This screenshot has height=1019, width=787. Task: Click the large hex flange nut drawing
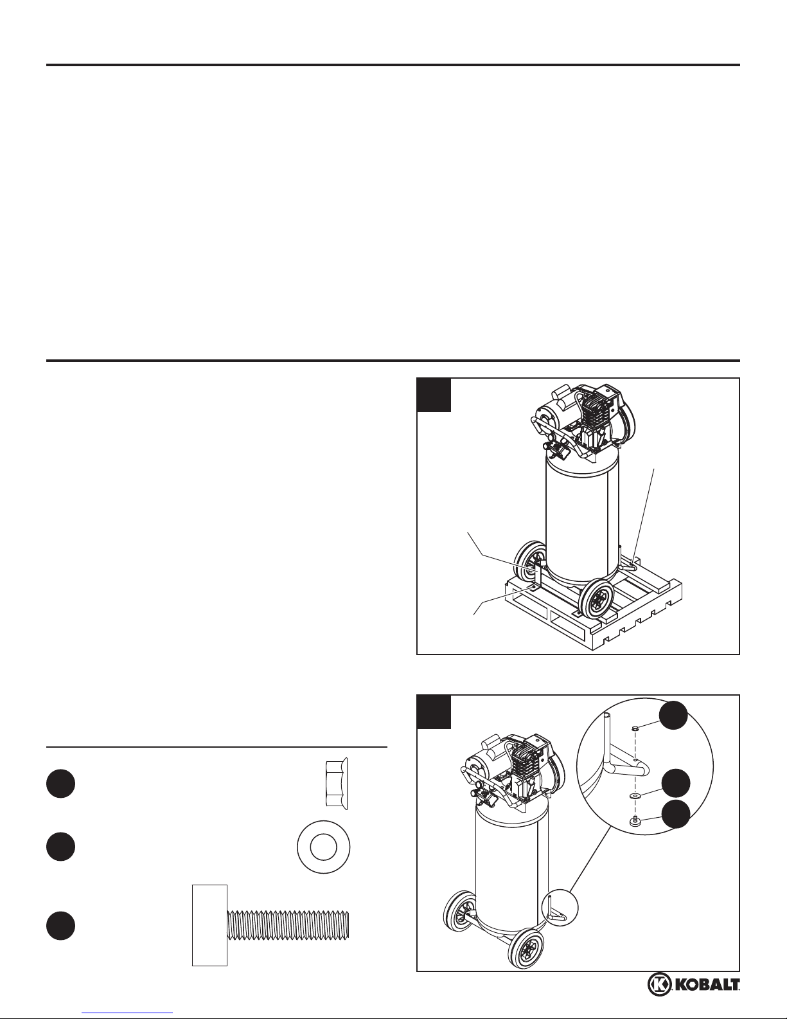pyautogui.click(x=337, y=784)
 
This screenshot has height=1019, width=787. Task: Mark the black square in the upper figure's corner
pyautogui.click(x=434, y=394)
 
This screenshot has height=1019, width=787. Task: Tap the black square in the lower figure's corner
pyautogui.click(x=434, y=712)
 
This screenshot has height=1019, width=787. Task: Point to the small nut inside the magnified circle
pyautogui.click(x=635, y=729)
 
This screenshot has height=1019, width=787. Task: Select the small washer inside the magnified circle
pyautogui.click(x=635, y=797)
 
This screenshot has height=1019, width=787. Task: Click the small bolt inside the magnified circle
pyautogui.click(x=635, y=822)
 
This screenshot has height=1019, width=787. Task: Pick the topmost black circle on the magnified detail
pyautogui.click(x=674, y=715)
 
